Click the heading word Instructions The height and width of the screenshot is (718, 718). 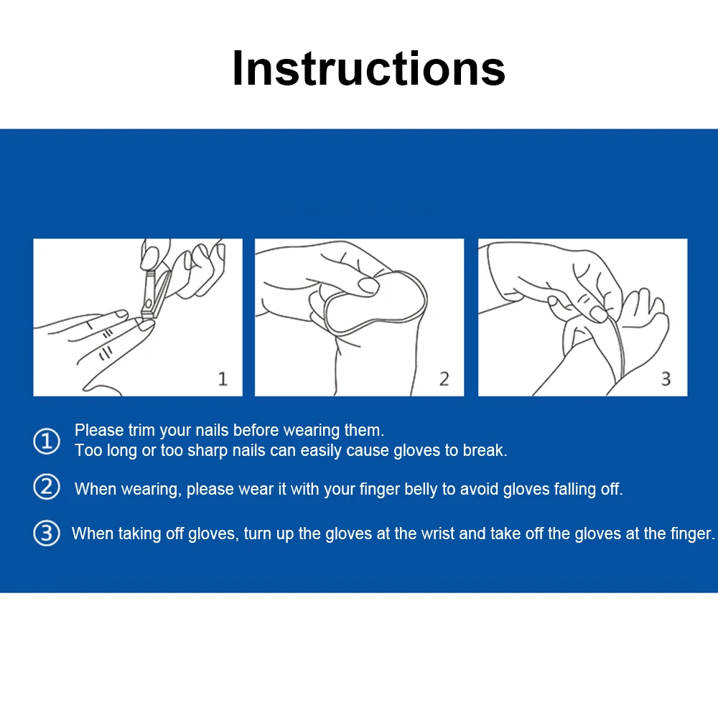(x=368, y=68)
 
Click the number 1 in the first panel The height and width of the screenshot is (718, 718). (x=223, y=378)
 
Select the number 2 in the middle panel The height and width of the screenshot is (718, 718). (x=444, y=378)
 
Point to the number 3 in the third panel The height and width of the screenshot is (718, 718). (x=666, y=378)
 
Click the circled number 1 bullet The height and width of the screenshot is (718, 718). (x=47, y=441)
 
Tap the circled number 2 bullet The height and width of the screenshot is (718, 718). (x=47, y=487)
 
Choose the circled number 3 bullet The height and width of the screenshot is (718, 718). (x=47, y=533)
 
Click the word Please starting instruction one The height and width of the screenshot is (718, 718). (x=99, y=430)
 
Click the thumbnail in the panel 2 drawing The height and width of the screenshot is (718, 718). (x=368, y=286)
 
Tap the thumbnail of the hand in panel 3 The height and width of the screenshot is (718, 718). (x=599, y=314)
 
